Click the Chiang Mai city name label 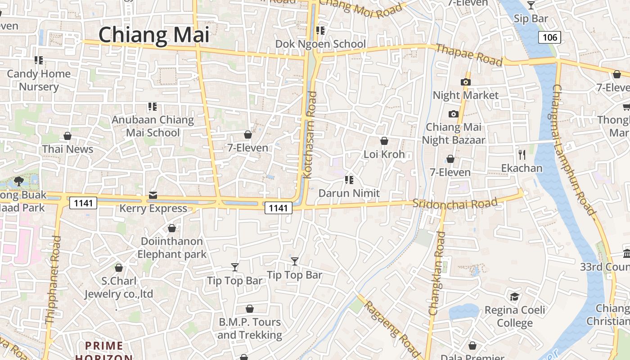[154, 35]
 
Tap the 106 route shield [550, 37]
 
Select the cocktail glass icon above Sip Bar [531, 5]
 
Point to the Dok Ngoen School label [320, 44]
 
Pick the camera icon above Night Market [466, 82]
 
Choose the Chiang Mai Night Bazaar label [454, 134]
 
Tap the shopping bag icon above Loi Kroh [384, 141]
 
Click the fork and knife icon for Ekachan [522, 155]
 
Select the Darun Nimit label [349, 193]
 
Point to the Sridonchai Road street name [455, 204]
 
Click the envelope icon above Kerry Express [153, 195]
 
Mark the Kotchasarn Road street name [310, 135]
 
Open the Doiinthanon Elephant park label [172, 248]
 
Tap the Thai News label [67, 149]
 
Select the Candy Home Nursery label [39, 80]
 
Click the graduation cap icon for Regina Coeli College [514, 297]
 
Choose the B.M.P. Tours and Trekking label [250, 328]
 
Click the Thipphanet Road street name [53, 279]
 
